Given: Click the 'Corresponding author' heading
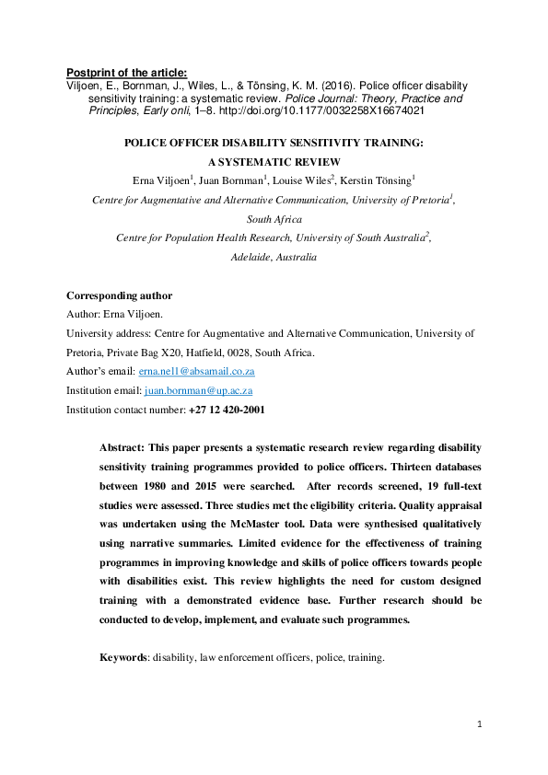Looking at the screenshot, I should click(119, 295).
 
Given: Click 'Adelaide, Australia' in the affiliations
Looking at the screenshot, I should click(274, 257).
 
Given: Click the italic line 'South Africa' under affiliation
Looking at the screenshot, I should click(273, 218).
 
